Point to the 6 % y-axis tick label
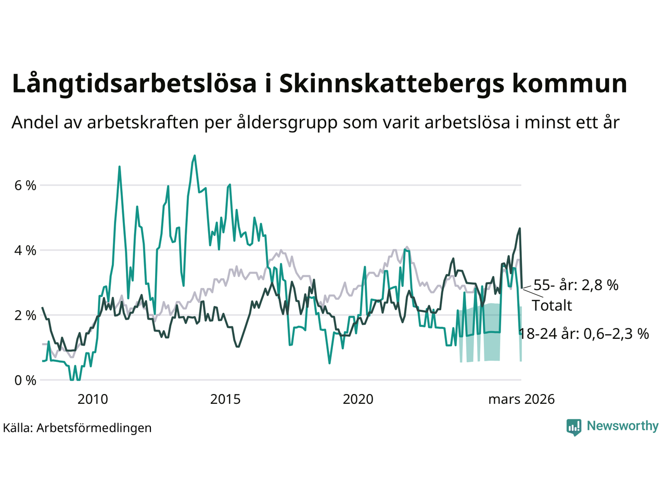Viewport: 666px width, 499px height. click(x=24, y=185)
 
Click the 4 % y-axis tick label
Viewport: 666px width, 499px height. click(x=24, y=251)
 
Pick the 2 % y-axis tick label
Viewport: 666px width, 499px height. click(x=24, y=316)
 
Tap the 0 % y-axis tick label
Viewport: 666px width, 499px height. click(x=24, y=380)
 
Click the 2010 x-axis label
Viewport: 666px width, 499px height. click(x=93, y=399)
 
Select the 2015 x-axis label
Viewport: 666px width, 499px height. click(x=225, y=399)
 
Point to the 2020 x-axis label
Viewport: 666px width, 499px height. click(x=358, y=399)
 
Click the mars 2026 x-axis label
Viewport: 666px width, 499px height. click(x=521, y=399)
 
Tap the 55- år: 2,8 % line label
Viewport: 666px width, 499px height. click(x=576, y=285)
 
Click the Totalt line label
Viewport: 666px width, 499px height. click(x=552, y=305)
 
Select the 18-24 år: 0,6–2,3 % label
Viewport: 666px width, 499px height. click(x=584, y=334)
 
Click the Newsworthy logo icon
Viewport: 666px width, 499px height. click(x=574, y=427)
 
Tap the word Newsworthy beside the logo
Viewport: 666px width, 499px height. click(x=622, y=426)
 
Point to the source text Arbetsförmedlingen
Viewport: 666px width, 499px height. click(x=94, y=428)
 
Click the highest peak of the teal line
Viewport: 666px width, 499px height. click(x=195, y=155)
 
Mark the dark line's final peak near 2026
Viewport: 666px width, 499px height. click(x=519, y=228)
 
